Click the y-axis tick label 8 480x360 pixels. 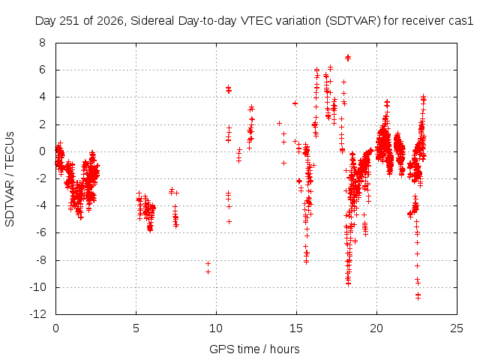42,43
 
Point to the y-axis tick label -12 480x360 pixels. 38,314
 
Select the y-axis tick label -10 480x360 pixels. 38,287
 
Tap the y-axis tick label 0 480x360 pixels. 42,151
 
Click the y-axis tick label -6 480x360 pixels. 40,232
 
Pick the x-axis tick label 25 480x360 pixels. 457,328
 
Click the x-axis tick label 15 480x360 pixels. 296,328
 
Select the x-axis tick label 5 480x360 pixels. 136,328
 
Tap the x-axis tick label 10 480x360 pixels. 216,328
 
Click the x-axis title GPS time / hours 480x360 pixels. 254,349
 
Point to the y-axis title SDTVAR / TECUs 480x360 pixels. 10,179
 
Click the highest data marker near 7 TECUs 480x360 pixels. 348,57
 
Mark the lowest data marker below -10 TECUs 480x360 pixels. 418,298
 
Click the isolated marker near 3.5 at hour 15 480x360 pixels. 295,103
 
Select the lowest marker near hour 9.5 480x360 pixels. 208,271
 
